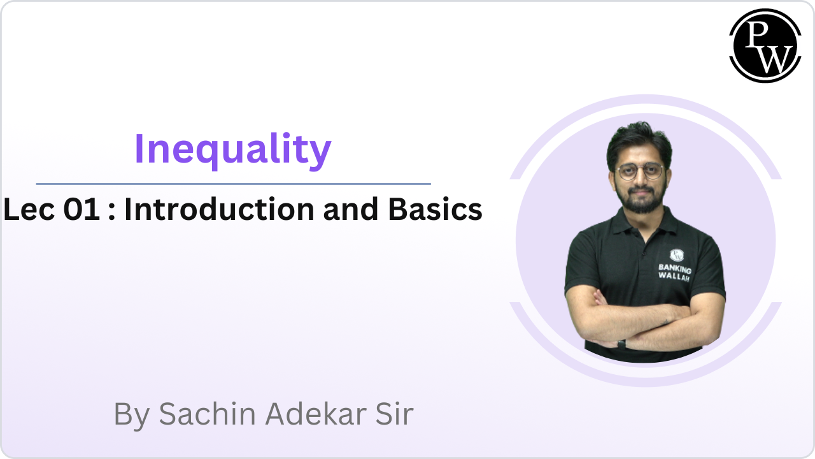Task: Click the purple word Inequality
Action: point(232,149)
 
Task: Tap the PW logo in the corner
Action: point(765,45)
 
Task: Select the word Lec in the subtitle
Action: point(30,210)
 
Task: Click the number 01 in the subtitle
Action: point(81,210)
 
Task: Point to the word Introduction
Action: point(218,210)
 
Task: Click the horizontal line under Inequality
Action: point(233,184)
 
